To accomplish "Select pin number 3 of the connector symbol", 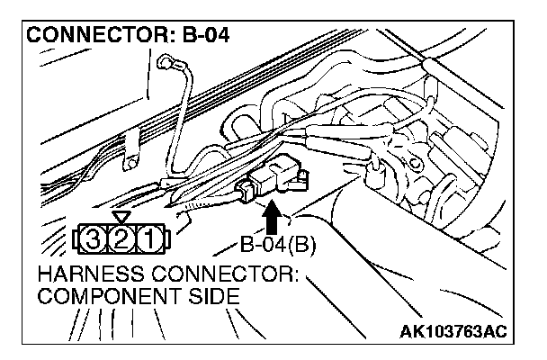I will point(92,239).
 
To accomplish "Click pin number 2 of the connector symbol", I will point(121,239).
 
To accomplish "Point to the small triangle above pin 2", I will point(121,218).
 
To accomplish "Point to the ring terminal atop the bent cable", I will point(166,65).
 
